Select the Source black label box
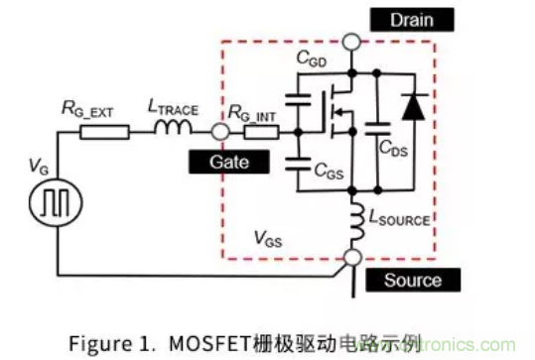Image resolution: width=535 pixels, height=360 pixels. pos(413,280)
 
